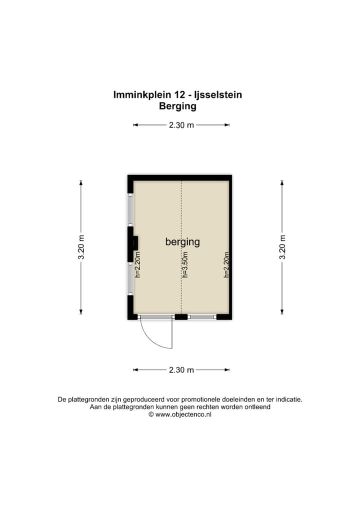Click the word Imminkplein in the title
(x=139, y=94)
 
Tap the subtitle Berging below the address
(x=177, y=106)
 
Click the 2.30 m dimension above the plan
(x=181, y=125)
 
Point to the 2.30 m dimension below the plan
(x=181, y=370)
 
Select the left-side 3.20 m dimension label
(x=81, y=247)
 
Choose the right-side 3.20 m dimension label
(x=282, y=247)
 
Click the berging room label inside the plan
(x=182, y=242)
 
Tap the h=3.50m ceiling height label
(x=184, y=264)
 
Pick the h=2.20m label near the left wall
(x=138, y=264)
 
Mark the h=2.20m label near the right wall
(x=226, y=264)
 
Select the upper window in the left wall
(x=130, y=210)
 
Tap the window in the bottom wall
(x=202, y=316)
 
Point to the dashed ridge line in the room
(x=181, y=210)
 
